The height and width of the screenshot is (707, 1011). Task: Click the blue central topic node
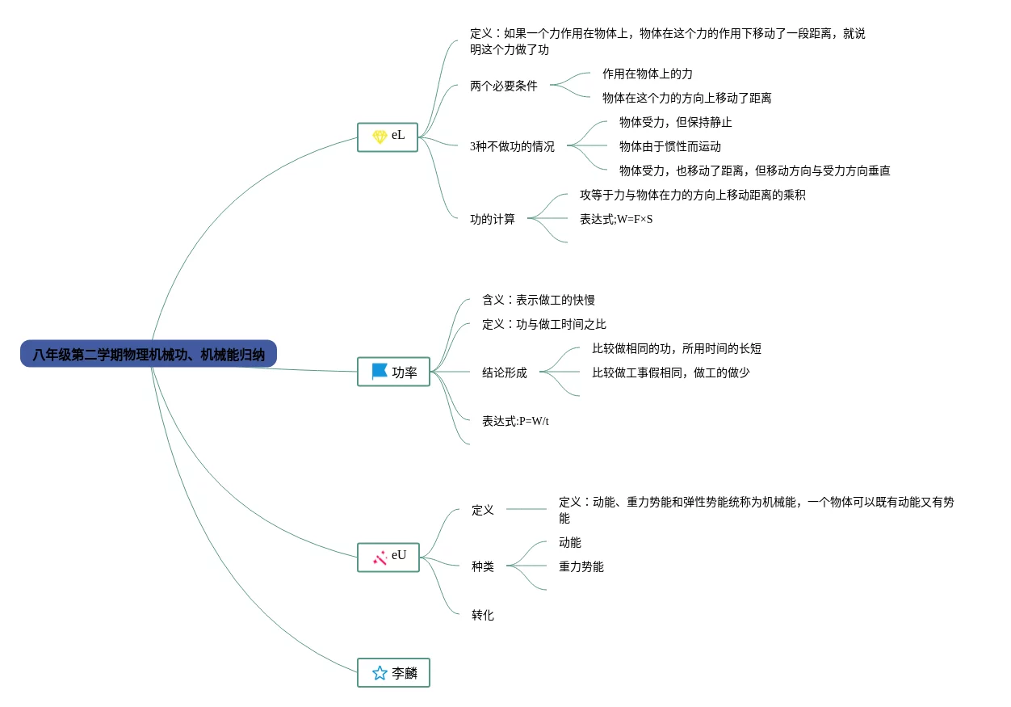click(149, 354)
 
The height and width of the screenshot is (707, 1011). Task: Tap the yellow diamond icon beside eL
click(380, 137)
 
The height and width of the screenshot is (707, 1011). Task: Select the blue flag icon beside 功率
click(380, 372)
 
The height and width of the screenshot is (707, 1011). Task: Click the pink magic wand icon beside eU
click(380, 558)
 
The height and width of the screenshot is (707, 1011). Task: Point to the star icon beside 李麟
click(380, 673)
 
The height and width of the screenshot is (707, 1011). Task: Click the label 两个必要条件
click(503, 86)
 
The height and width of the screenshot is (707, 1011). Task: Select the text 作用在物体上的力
click(647, 74)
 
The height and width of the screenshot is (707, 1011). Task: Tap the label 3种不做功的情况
click(512, 146)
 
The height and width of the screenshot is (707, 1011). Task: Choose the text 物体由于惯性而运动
click(669, 146)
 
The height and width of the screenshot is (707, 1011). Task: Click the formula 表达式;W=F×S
click(615, 219)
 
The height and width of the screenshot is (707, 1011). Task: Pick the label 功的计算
click(492, 219)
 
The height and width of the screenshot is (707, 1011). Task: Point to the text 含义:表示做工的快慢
click(538, 300)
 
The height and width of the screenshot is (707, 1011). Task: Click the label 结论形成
click(504, 372)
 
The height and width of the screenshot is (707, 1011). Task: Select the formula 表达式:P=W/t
click(515, 421)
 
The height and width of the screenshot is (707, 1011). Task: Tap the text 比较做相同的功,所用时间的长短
click(676, 348)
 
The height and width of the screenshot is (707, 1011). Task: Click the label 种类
click(482, 566)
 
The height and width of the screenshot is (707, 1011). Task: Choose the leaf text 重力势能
click(581, 566)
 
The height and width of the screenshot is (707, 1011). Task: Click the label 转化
click(482, 615)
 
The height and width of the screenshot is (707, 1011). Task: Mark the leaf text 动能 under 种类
click(569, 542)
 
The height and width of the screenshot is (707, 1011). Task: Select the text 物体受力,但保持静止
click(675, 122)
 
